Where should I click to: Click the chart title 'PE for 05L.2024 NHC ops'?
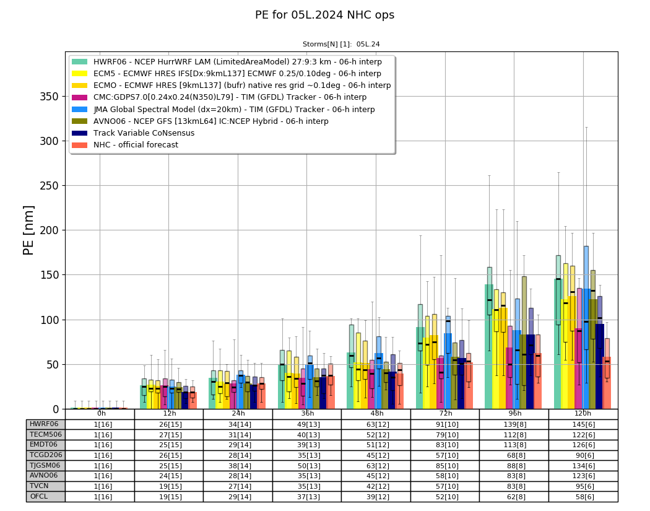pos(324,15)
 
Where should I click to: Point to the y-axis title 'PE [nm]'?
pos(28,230)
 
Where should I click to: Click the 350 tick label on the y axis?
pos(49,97)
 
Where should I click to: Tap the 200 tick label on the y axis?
pos(49,230)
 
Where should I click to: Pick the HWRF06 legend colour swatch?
pos(80,62)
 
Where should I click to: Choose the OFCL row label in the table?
pos(39,497)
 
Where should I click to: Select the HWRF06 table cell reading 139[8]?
pos(514,425)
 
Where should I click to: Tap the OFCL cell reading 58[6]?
pos(583,497)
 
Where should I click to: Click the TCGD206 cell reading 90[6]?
pos(583,455)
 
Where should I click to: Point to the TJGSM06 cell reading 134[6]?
pos(583,466)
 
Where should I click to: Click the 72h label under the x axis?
pos(446,414)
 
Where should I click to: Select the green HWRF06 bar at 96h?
pos(489,347)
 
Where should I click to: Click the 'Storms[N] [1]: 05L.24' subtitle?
pos(341,45)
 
